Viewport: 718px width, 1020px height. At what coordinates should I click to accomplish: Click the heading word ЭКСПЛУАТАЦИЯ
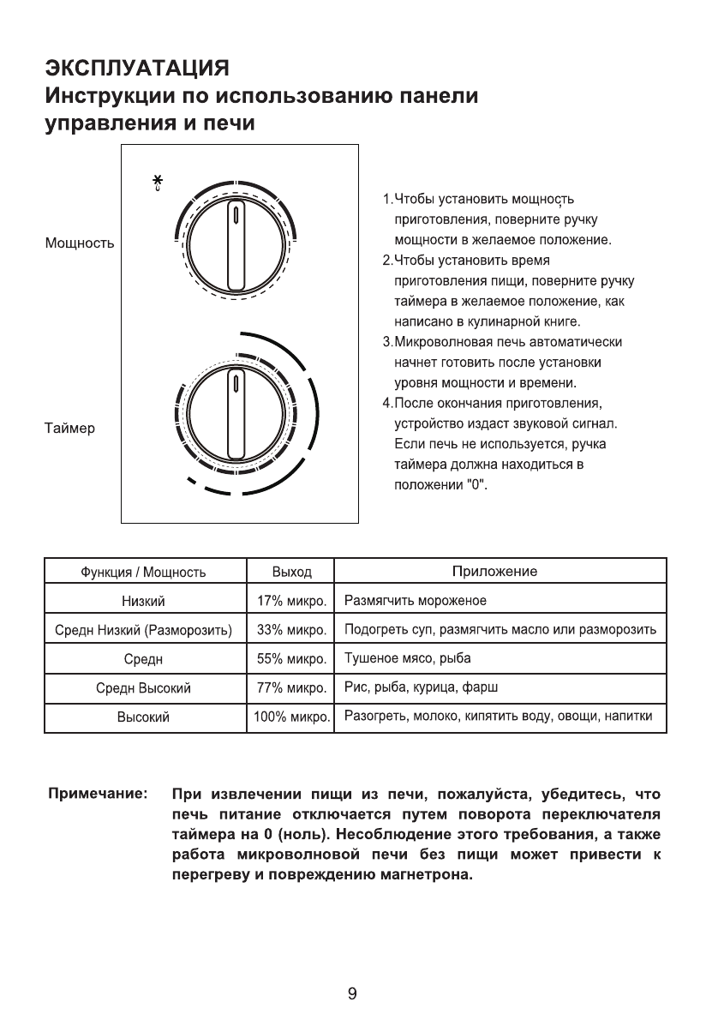137,67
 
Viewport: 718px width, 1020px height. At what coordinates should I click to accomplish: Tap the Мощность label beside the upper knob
80,244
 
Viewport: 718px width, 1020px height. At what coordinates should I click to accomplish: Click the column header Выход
291,572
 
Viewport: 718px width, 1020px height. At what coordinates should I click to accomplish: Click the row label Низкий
143,601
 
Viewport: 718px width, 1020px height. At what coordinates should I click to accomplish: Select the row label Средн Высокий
143,688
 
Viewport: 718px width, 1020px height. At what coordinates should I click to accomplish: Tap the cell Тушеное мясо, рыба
407,658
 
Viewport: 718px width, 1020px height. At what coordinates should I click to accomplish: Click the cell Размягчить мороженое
415,600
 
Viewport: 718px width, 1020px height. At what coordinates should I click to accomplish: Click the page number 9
352,994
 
